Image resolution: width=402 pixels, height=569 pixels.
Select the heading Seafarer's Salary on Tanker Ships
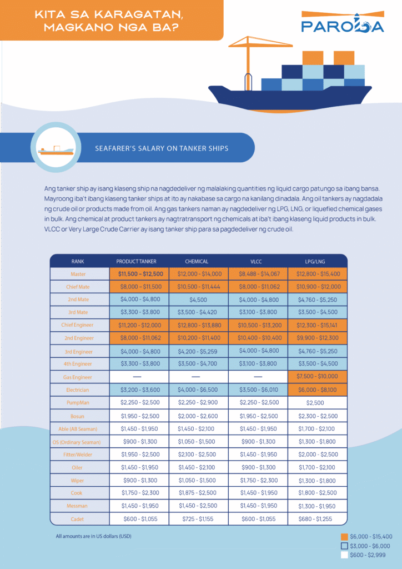(x=162, y=149)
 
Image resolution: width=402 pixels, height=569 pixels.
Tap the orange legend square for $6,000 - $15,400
(x=344, y=537)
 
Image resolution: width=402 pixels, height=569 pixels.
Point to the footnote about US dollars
(x=94, y=536)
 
